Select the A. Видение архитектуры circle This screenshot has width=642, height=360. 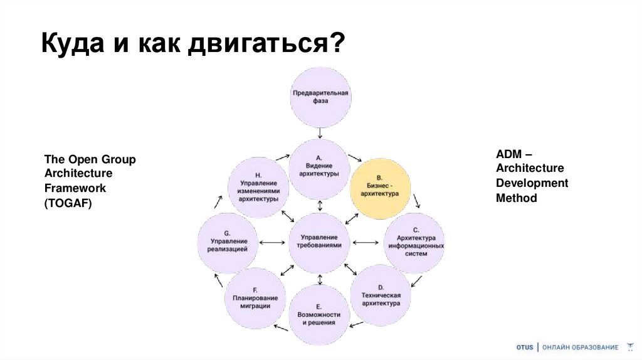pyautogui.click(x=318, y=168)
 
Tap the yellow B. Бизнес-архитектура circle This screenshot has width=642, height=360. pyautogui.click(x=380, y=188)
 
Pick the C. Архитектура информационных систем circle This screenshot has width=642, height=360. pyautogui.click(x=413, y=242)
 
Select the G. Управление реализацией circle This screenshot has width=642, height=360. pyautogui.click(x=227, y=242)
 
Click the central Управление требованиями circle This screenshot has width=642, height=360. pyautogui.click(x=320, y=242)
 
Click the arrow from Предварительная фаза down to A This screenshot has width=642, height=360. pyautogui.click(x=320, y=132)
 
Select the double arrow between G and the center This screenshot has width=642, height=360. pyautogui.click(x=271, y=243)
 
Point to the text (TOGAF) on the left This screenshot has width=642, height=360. pyautogui.click(x=68, y=203)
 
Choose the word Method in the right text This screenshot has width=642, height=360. pyautogui.click(x=517, y=198)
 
